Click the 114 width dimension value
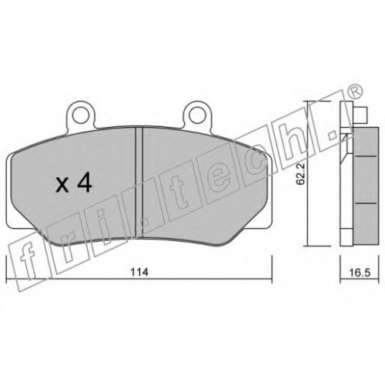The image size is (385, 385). (140, 272)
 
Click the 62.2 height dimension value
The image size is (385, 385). (300, 174)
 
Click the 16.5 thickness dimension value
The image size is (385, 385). (360, 273)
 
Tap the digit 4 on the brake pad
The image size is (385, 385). (85, 182)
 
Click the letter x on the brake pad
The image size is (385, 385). (62, 185)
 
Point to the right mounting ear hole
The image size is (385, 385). (196, 115)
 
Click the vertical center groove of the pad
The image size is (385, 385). (139, 182)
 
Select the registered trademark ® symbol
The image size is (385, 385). (356, 92)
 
